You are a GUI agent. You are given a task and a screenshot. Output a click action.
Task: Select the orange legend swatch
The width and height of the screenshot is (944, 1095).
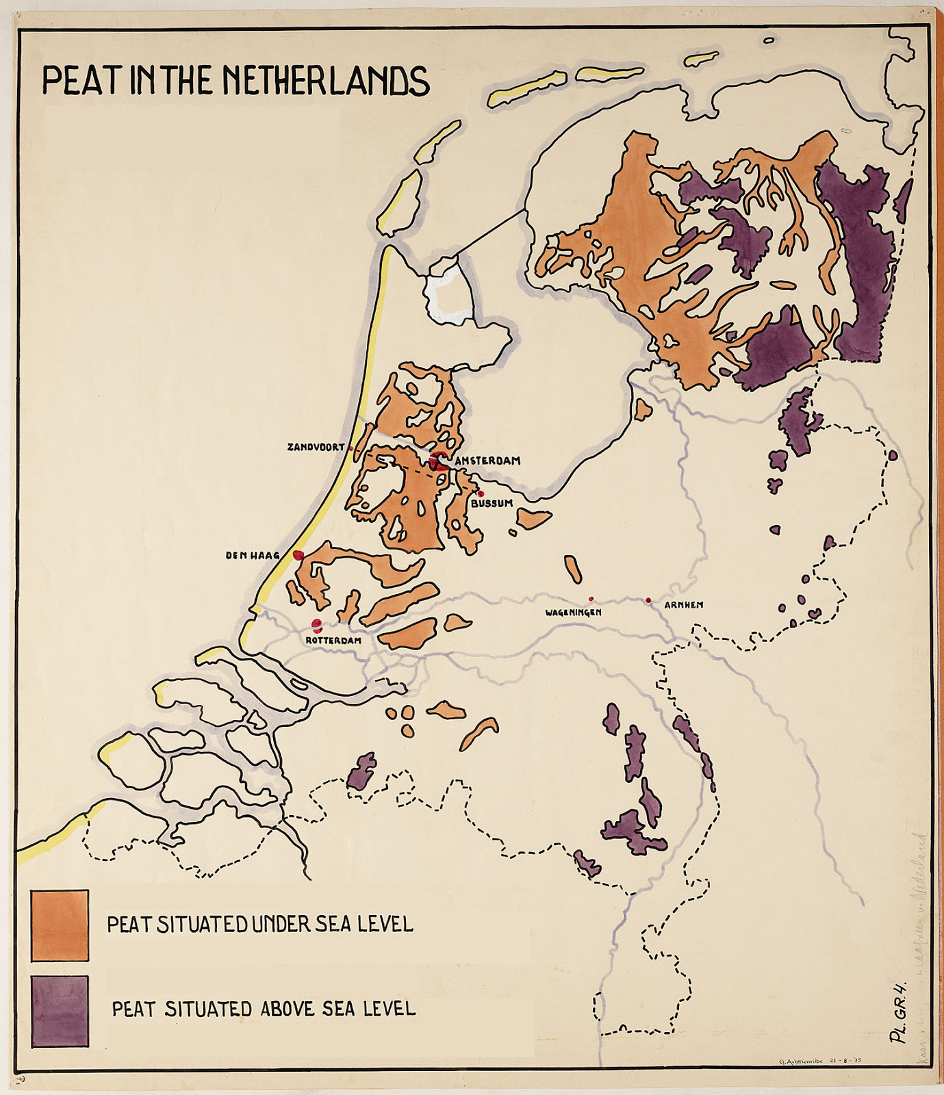pyautogui.click(x=60, y=925)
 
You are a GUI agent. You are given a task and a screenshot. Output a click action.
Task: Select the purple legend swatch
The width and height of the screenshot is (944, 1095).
pyautogui.click(x=60, y=1011)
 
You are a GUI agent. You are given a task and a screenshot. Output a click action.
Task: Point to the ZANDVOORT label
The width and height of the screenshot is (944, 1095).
pyautogui.click(x=316, y=447)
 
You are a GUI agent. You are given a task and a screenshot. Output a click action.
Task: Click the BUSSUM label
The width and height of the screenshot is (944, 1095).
pyautogui.click(x=492, y=504)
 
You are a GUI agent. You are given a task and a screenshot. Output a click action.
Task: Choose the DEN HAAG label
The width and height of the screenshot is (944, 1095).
pyautogui.click(x=253, y=556)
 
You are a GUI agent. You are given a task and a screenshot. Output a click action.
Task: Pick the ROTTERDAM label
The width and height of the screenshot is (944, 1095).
pyautogui.click(x=333, y=641)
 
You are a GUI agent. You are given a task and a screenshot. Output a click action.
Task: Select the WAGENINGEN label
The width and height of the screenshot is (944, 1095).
pyautogui.click(x=573, y=613)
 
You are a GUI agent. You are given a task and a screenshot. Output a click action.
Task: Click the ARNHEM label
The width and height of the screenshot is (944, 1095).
pyautogui.click(x=683, y=606)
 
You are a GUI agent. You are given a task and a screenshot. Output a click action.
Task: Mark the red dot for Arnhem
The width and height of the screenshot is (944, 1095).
pyautogui.click(x=648, y=601)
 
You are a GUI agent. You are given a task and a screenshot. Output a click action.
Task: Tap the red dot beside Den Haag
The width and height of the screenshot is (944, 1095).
pyautogui.click(x=298, y=555)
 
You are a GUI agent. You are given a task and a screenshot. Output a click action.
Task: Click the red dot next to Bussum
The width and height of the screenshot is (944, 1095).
pyautogui.click(x=481, y=493)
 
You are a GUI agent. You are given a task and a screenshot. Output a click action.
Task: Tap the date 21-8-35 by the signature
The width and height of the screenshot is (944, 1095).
pyautogui.click(x=845, y=1061)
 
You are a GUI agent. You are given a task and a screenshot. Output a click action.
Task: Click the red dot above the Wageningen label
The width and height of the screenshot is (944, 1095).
pyautogui.click(x=591, y=599)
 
